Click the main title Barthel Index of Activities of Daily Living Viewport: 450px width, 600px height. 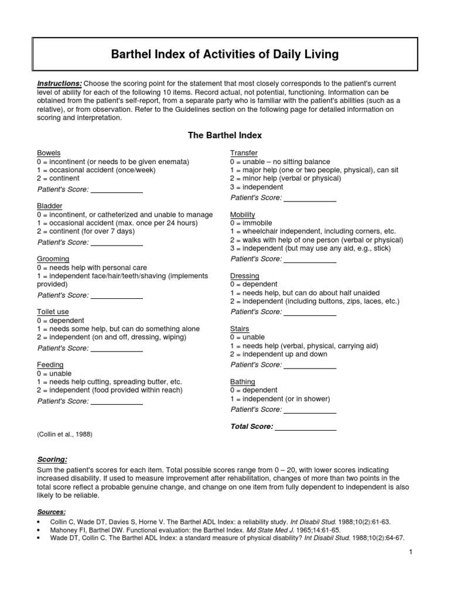pyautogui.click(x=225, y=54)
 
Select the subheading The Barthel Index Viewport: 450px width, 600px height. pyautogui.click(x=224, y=135)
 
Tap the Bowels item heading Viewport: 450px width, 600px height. pyautogui.click(x=49, y=153)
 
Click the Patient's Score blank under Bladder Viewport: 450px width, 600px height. pyautogui.click(x=117, y=242)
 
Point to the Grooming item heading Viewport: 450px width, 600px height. pyautogui.click(x=53, y=258)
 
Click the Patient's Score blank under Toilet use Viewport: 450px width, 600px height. pyautogui.click(x=117, y=348)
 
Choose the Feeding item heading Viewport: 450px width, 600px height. pyautogui.click(x=50, y=364)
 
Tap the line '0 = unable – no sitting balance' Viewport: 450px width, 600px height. pyautogui.click(x=280, y=162)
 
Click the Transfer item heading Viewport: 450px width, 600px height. pyautogui.click(x=244, y=153)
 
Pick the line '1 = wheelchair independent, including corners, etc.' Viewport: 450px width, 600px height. pyautogui.click(x=313, y=231)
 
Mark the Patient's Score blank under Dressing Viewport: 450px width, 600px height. pyautogui.click(x=309, y=312)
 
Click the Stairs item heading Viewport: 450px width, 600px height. pyautogui.click(x=240, y=329)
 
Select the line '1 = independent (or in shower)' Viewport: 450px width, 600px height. pyautogui.click(x=280, y=399)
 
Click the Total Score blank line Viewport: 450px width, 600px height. pyautogui.click(x=305, y=427)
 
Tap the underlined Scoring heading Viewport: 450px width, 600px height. pyautogui.click(x=52, y=459)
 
